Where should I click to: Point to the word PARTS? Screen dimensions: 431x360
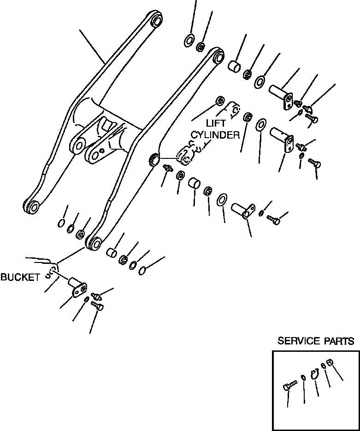point(339,341)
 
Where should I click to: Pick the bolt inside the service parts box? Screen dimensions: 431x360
point(287,387)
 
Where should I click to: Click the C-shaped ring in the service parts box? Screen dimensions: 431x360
point(315,374)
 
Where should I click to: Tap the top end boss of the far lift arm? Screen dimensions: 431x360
point(155,20)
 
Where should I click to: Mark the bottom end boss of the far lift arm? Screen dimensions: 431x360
point(32,206)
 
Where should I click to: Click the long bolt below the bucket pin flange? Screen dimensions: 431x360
point(98,306)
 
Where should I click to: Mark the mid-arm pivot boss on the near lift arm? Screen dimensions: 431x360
point(154,160)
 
